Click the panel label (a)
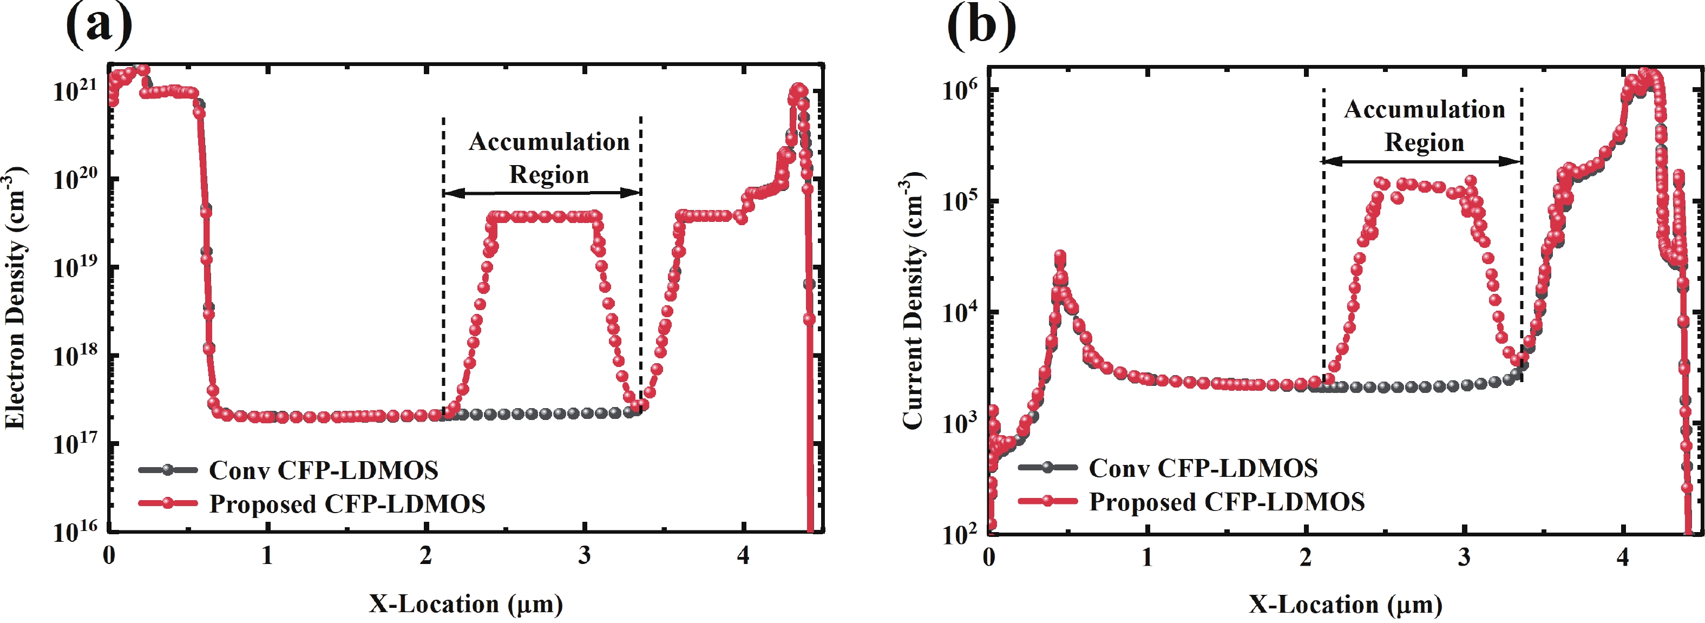99,25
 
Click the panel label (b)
981,25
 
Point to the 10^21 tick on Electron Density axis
75,90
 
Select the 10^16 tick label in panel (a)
75,531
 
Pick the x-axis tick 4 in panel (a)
743,555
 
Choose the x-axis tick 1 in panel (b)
1147,558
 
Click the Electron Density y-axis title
16,298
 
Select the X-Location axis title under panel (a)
465,604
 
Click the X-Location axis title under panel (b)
1345,605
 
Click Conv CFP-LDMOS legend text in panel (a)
324,470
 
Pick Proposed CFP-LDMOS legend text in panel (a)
347,504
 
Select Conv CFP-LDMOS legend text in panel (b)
1203,468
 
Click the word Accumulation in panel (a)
549,142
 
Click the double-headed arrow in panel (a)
542,193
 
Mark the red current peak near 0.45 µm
1060,257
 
